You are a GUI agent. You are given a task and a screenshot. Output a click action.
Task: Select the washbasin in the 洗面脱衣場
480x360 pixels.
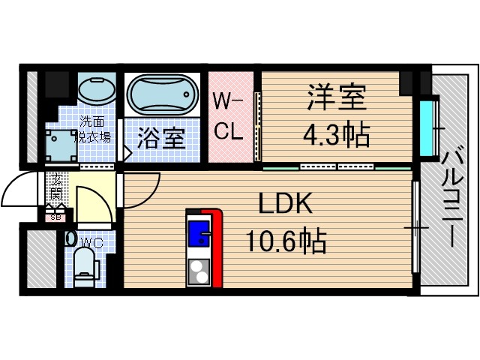pos(96,93)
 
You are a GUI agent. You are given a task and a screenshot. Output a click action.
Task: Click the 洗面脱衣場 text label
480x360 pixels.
pos(91,129)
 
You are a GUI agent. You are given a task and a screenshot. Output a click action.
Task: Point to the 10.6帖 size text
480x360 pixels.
pos(286,241)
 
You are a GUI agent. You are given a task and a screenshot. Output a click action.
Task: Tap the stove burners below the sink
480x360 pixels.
pos(199,271)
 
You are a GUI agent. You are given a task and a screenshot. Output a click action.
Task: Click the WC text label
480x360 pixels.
pos(91,242)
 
